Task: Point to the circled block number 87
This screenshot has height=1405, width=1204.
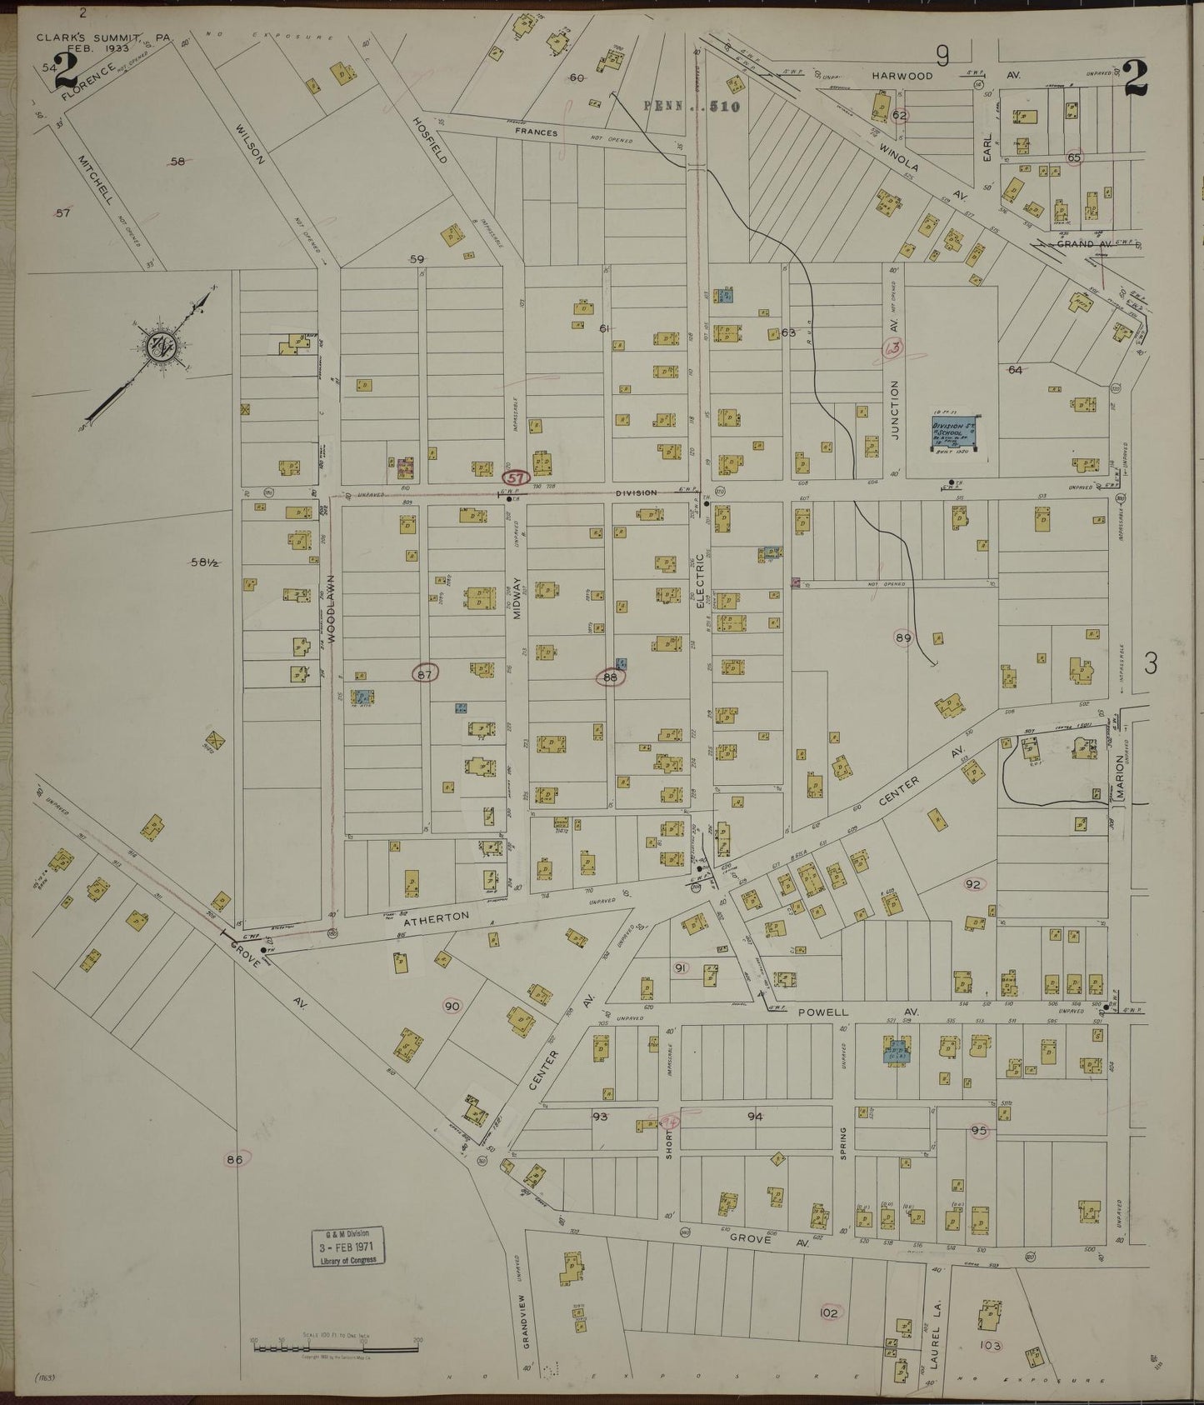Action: (425, 674)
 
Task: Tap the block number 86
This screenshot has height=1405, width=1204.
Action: (234, 1158)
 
